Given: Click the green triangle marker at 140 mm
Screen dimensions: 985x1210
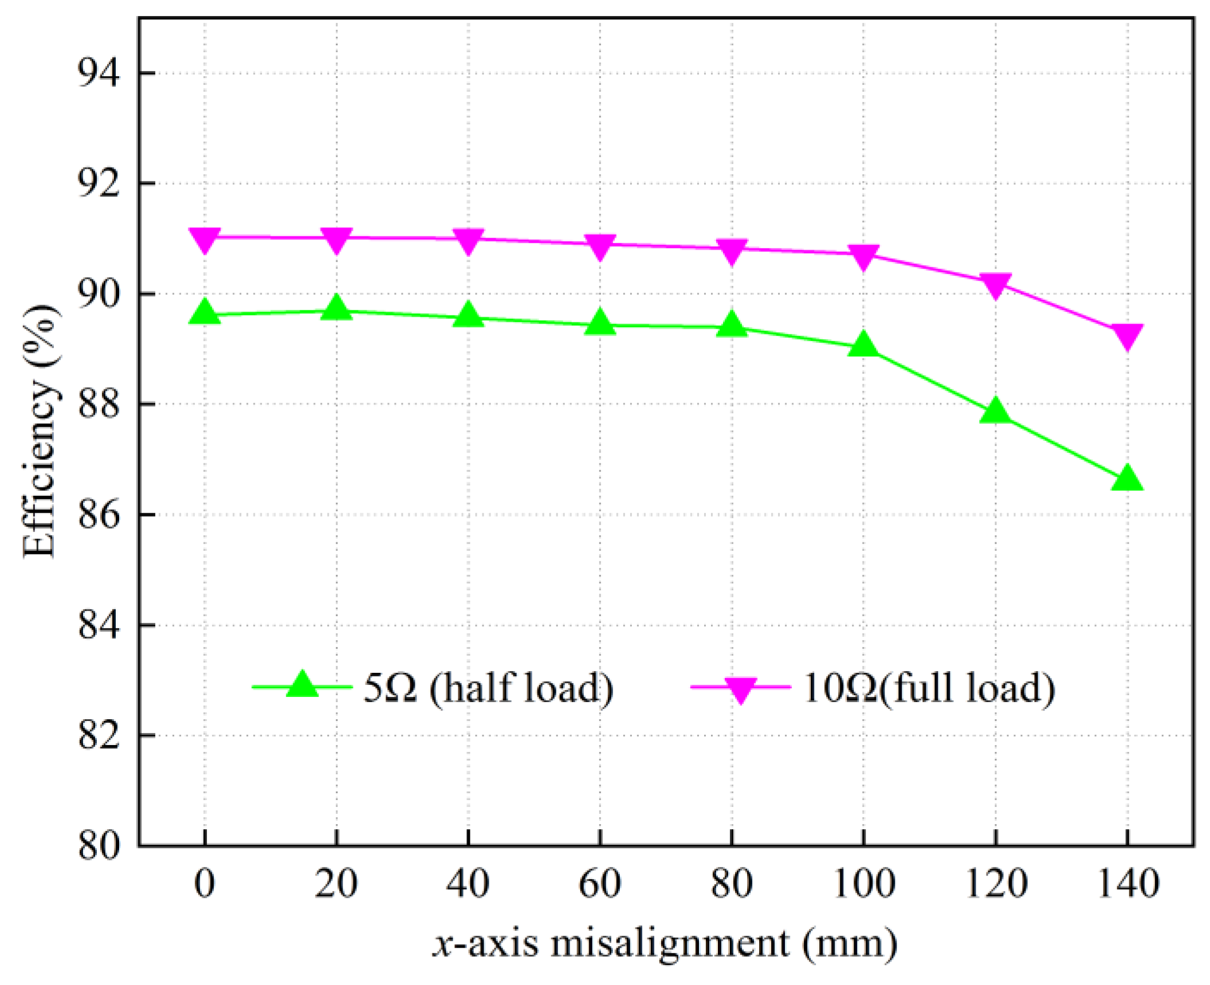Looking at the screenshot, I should [x=1127, y=479].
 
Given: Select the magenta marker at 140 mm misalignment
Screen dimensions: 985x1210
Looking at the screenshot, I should [x=1127, y=336].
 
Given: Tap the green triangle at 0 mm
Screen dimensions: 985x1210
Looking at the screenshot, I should [x=205, y=314].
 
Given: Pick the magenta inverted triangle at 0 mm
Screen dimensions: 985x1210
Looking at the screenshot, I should [x=205, y=239].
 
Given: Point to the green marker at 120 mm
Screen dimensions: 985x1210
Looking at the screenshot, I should [x=995, y=412].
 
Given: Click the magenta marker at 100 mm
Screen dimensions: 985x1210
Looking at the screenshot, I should [x=863, y=255].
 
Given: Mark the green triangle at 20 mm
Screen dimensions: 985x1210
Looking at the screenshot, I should [x=336, y=309].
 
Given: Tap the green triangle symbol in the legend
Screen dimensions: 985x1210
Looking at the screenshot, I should [x=302, y=685].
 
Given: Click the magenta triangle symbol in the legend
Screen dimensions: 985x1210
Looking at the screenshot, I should [x=741, y=688].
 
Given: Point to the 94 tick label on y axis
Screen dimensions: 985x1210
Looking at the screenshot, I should [x=99, y=73].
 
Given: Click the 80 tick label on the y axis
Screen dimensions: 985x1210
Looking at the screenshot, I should [x=99, y=845].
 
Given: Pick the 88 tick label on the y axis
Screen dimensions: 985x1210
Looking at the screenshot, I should [x=99, y=404].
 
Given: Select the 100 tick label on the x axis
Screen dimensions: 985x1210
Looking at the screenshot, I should [x=863, y=884].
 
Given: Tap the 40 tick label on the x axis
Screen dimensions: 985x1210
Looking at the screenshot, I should [x=468, y=884].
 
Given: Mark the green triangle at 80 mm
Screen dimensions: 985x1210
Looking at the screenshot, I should [x=732, y=326].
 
